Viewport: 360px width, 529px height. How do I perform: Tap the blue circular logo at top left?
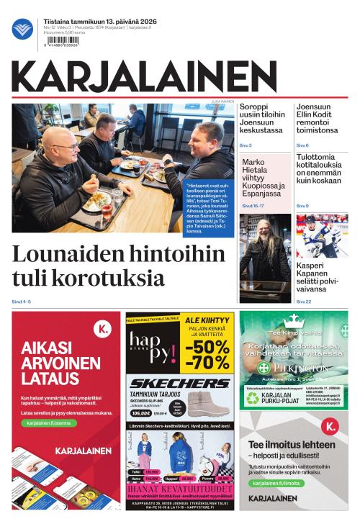22,30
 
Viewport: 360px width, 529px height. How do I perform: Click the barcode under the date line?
63,42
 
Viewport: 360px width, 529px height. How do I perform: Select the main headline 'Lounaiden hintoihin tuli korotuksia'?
101,266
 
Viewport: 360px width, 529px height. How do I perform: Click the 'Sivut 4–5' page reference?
22,301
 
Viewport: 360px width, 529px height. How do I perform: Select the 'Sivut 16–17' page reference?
253,206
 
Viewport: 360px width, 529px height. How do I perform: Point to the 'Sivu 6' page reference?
302,145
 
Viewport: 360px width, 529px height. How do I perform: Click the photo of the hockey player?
322,235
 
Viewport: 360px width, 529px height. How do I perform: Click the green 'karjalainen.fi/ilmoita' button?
276,483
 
